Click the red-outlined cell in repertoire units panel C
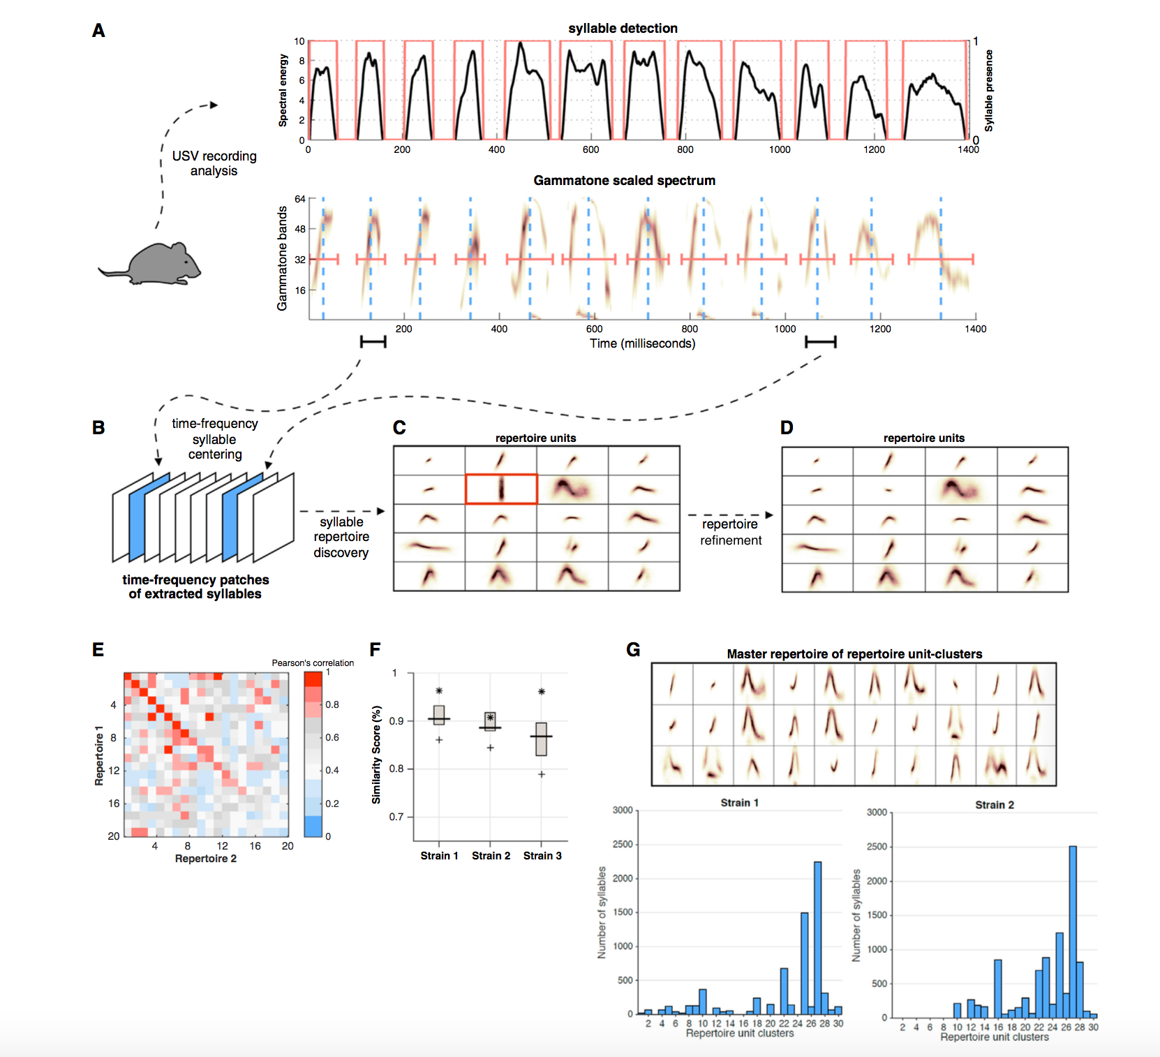[x=501, y=489]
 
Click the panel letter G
[x=633, y=650]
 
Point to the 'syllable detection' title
[x=623, y=29]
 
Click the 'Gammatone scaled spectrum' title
[x=624, y=181]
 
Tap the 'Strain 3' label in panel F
[x=542, y=856]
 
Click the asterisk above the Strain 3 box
[x=542, y=692]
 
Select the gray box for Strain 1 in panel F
[x=439, y=715]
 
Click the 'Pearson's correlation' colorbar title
[x=313, y=663]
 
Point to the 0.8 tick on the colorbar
[x=332, y=704]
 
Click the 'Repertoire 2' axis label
[x=206, y=859]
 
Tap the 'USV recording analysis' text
[x=214, y=163]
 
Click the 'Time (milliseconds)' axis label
[x=642, y=343]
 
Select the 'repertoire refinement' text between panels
[x=730, y=532]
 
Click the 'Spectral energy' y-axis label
[x=283, y=90]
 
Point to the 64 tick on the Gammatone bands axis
[x=300, y=200]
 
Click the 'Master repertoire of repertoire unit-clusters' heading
[x=854, y=654]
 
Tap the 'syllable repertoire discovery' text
[x=341, y=537]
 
